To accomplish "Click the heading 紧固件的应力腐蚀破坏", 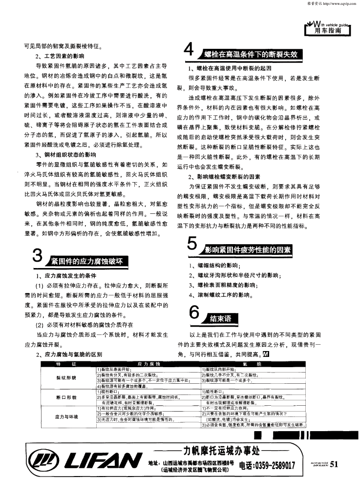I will pos(86,261).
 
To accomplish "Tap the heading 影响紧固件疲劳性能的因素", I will pos(247,250).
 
